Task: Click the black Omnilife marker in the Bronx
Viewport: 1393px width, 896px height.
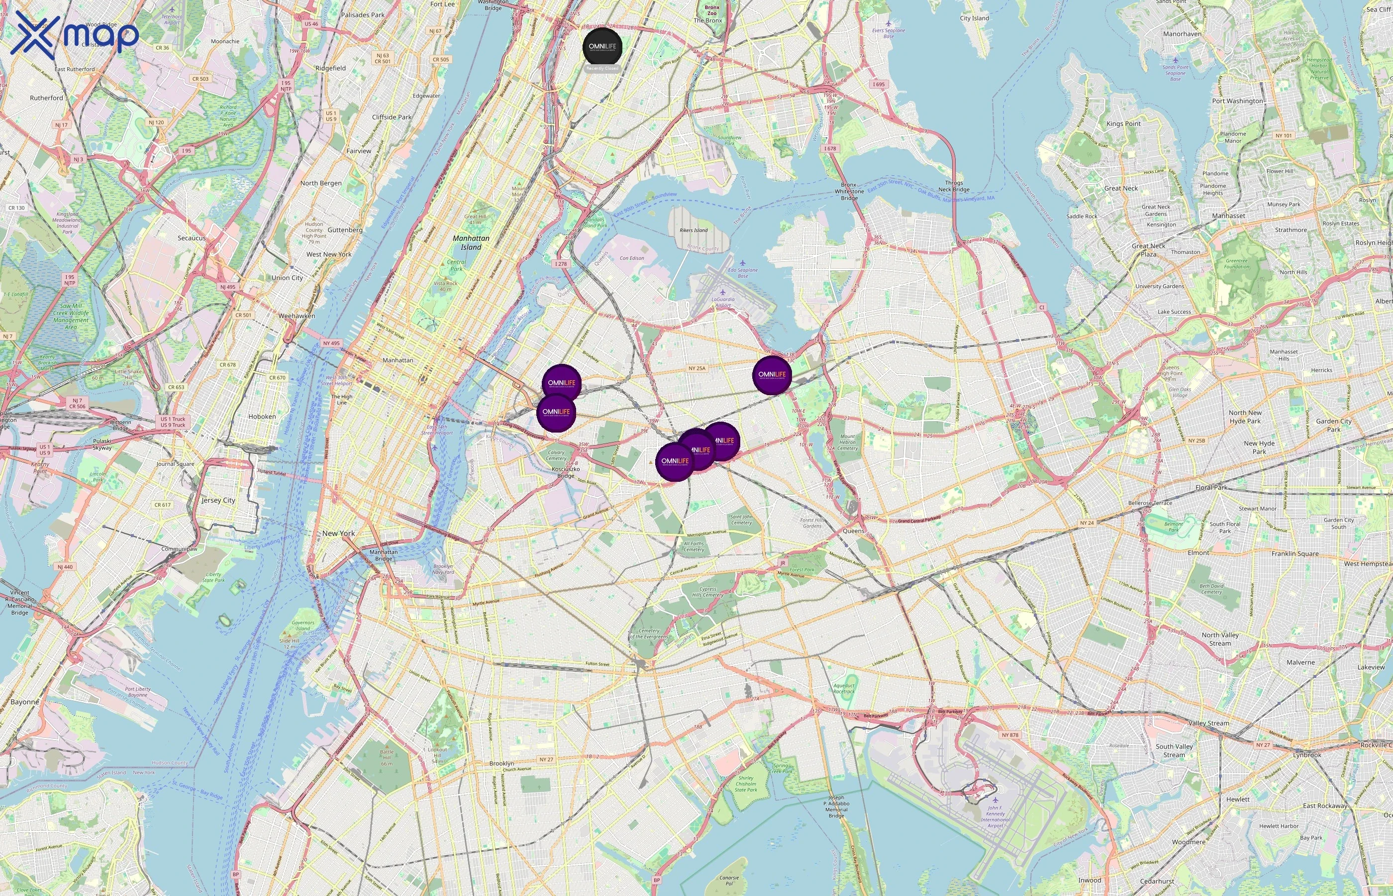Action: [602, 47]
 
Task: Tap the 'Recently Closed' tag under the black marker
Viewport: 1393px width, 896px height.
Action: [602, 69]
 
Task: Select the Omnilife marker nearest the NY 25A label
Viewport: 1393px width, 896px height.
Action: [772, 375]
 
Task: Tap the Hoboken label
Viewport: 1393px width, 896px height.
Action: [262, 417]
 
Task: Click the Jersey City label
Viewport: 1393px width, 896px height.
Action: [218, 500]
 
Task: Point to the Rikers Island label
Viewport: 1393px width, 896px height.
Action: [694, 230]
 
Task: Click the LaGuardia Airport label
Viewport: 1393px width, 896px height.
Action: [723, 302]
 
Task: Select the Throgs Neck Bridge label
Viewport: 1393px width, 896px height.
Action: [954, 186]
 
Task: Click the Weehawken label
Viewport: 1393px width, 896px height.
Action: [297, 316]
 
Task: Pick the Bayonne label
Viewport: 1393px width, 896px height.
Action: [24, 702]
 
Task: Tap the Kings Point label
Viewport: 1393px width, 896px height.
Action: [1123, 124]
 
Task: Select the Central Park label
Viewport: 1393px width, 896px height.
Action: [456, 265]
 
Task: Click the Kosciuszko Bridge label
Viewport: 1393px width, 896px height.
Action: [565, 472]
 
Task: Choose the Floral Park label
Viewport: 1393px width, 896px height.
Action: [1211, 487]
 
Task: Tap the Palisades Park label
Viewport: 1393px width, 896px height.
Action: [363, 15]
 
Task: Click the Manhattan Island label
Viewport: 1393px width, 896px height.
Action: [471, 242]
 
